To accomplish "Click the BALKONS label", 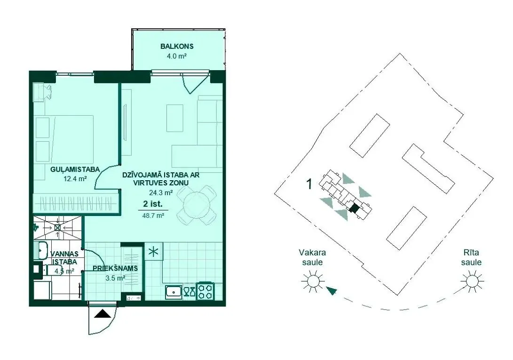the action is pos(177,46).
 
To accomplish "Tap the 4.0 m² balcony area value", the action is pos(177,56).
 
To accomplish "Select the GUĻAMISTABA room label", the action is pos(75,169).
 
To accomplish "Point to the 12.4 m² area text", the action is pos(75,178).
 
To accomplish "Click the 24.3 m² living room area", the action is pos(160,192).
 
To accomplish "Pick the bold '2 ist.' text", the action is pos(153,203).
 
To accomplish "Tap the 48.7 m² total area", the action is pos(153,216).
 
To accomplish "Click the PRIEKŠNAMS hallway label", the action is pos(115,269).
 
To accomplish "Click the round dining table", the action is pos(196,205).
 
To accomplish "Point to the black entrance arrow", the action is pos(103,314).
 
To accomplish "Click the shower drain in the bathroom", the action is pos(57,227).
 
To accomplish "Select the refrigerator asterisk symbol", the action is pos(153,252).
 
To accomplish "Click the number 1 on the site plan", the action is pos(309,184).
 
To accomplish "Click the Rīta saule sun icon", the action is pos(472,281).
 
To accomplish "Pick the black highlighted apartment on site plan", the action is pos(354,208).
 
